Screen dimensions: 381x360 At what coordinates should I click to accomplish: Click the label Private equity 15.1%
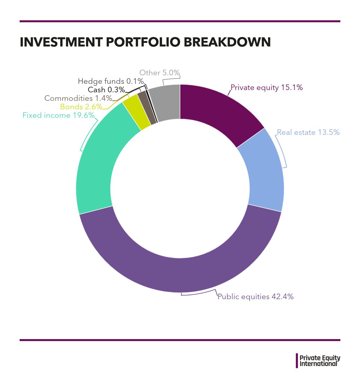click(x=267, y=87)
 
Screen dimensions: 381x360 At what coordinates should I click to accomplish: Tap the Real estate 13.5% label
click(x=308, y=132)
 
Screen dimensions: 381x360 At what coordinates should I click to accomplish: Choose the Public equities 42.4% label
click(x=256, y=297)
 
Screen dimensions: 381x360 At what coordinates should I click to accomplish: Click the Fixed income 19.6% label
click(x=59, y=115)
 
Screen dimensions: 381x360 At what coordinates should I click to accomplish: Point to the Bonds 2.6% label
click(x=81, y=107)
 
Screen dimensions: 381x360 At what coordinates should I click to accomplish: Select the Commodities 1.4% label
click(x=78, y=98)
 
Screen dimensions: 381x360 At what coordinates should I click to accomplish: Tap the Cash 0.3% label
click(x=106, y=90)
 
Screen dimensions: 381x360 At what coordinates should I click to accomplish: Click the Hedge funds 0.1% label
click(x=111, y=81)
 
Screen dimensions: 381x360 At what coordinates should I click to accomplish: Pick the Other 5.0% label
click(x=160, y=73)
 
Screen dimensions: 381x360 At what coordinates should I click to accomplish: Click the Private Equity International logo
click(x=318, y=360)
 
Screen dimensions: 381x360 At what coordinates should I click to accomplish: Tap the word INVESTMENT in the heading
click(x=61, y=42)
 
